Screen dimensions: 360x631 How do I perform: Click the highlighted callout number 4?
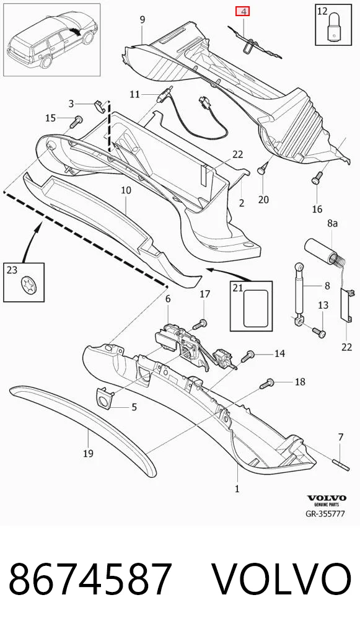tap(242, 11)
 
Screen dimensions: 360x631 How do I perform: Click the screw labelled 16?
tap(317, 177)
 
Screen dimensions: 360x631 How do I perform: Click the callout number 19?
tap(88, 454)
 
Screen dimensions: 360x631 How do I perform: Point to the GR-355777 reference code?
tap(325, 514)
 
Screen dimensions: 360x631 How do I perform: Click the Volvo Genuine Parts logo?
tap(327, 500)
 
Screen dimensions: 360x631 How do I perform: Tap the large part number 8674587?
tap(90, 580)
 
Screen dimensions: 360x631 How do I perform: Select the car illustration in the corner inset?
tap(52, 40)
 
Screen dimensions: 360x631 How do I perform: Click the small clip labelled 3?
tap(99, 105)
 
